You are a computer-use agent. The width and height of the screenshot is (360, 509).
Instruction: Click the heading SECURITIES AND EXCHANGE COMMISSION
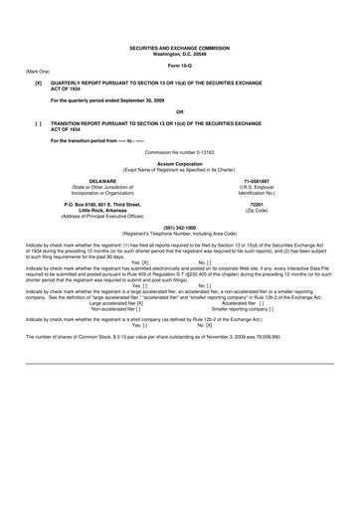tap(179, 47)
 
